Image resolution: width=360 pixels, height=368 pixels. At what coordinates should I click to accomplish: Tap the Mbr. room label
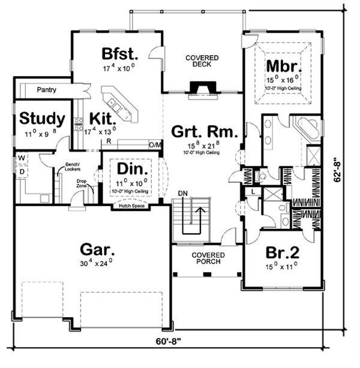click(280, 65)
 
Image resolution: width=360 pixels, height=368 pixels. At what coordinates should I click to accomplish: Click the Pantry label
click(46, 90)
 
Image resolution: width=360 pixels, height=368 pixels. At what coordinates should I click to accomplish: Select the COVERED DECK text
click(202, 62)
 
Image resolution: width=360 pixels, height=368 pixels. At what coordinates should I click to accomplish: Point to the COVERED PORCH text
click(207, 258)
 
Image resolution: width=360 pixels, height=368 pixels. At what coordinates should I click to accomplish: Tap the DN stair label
click(183, 192)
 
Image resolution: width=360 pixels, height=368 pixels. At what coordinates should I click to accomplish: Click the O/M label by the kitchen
click(155, 144)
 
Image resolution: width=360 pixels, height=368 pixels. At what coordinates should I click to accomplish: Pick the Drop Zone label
click(82, 183)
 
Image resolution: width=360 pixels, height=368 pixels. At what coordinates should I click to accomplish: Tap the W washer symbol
click(22, 159)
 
